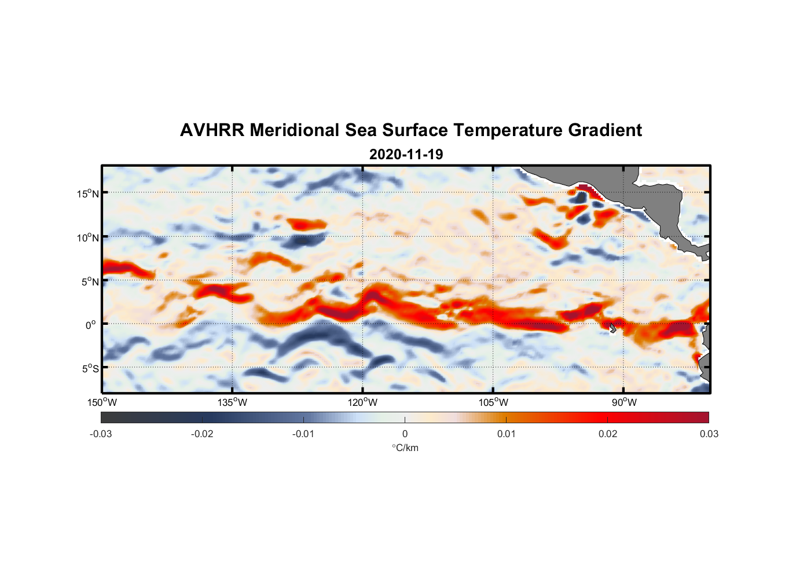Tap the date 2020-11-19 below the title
(406, 155)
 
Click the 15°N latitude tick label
(87, 193)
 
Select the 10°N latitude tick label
(87, 237)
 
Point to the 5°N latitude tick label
(90, 281)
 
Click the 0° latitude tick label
(91, 325)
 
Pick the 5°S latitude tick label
(90, 369)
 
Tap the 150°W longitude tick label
(102, 402)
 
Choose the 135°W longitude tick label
(232, 402)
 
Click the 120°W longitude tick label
(363, 402)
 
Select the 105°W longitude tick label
(493, 402)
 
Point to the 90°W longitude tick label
(624, 402)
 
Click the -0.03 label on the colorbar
(101, 434)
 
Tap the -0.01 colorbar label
(303, 434)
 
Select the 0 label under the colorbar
(405, 434)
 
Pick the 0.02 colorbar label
(608, 434)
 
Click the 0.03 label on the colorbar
(709, 434)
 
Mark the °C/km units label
(405, 448)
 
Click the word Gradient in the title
(605, 130)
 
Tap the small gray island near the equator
(612, 328)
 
